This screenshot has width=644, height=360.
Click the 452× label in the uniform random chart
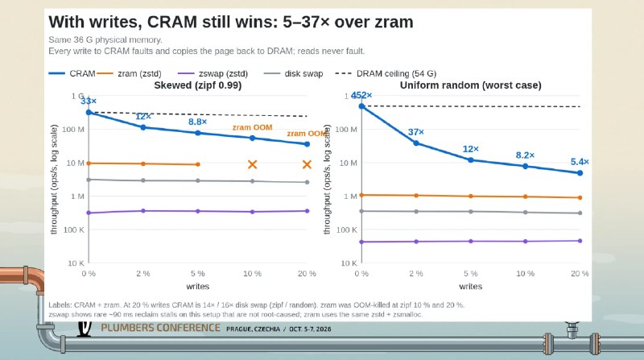pyautogui.click(x=361, y=95)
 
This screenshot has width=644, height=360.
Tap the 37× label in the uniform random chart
pyautogui.click(x=415, y=132)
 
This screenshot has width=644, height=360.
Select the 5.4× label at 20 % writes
pyautogui.click(x=580, y=162)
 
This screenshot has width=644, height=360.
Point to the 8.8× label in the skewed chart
pyautogui.click(x=197, y=122)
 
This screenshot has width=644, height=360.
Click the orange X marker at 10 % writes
pyautogui.click(x=252, y=164)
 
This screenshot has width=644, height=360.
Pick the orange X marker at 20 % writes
pyautogui.click(x=307, y=164)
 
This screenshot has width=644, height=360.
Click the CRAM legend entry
pyautogui.click(x=72, y=73)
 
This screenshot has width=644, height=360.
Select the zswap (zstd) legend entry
pyautogui.click(x=213, y=73)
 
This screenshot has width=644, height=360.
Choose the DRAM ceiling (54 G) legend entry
pyautogui.click(x=386, y=73)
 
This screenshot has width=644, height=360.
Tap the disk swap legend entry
pyautogui.click(x=293, y=73)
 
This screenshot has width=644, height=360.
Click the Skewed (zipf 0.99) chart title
pyautogui.click(x=197, y=85)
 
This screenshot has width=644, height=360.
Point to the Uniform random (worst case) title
pyautogui.click(x=471, y=85)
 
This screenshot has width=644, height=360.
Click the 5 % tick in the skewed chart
pyautogui.click(x=197, y=274)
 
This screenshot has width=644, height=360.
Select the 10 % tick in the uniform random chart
pyautogui.click(x=526, y=274)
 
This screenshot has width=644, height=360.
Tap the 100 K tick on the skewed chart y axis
pyautogui.click(x=74, y=230)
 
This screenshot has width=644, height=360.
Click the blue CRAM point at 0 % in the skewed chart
pyautogui.click(x=89, y=112)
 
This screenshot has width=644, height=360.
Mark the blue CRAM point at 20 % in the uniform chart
pyautogui.click(x=580, y=173)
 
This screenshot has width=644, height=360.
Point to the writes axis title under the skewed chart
pyautogui.click(x=197, y=287)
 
